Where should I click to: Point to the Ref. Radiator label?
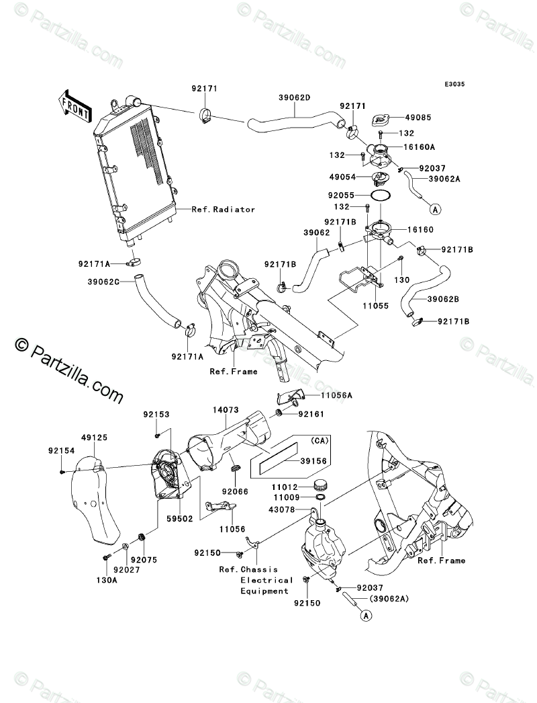click(223, 210)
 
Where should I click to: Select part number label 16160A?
click(420, 147)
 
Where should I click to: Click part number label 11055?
click(376, 306)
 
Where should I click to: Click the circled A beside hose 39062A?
click(435, 208)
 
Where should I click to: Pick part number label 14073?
click(226, 410)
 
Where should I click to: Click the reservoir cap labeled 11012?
click(321, 485)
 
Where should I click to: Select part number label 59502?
click(180, 519)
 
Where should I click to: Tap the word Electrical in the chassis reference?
click(267, 580)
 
